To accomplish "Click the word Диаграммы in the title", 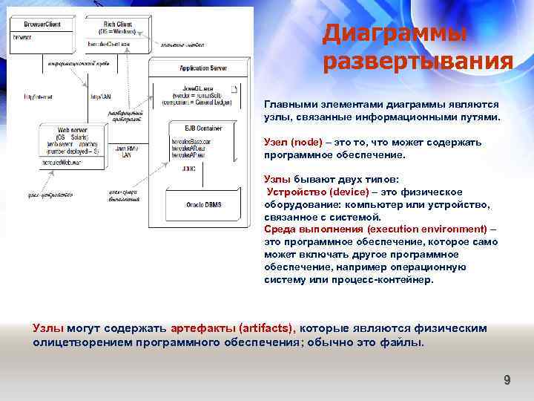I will coord(395,33).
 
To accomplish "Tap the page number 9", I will coord(507,380).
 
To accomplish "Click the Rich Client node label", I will coord(119,24).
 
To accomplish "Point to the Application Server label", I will coord(202,68).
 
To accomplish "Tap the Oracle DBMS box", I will coord(202,204).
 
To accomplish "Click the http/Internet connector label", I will coord(39,97).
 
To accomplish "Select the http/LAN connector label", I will coord(101,97).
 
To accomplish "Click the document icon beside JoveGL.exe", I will coord(234,89).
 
